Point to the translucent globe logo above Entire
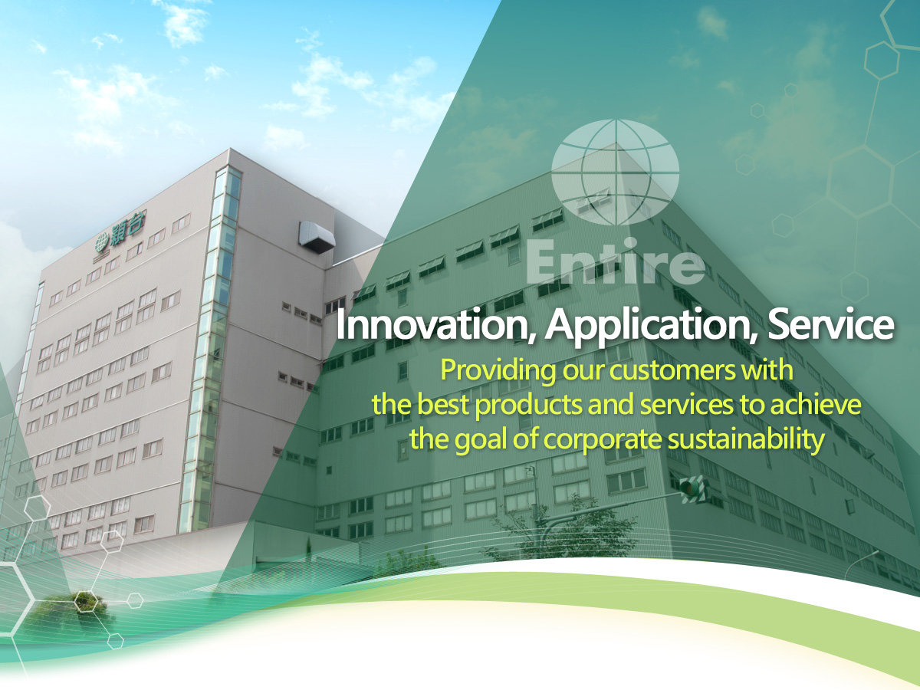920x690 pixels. tap(615, 172)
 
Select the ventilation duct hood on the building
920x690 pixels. tap(317, 236)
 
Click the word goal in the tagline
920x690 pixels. tap(475, 441)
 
